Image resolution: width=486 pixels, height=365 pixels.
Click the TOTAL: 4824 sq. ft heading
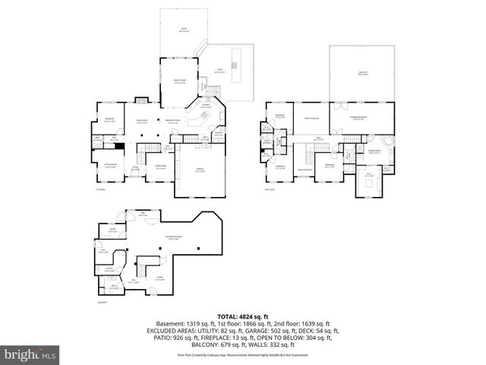click(x=243, y=316)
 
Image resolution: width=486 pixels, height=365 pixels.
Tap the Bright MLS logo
click(x=30, y=354)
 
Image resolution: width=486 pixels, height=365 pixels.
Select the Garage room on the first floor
click(x=200, y=171)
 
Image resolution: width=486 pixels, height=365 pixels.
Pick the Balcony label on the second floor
click(x=363, y=73)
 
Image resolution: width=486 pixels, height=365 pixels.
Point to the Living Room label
click(x=141, y=120)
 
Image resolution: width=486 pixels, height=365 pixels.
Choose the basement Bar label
click(x=142, y=214)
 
